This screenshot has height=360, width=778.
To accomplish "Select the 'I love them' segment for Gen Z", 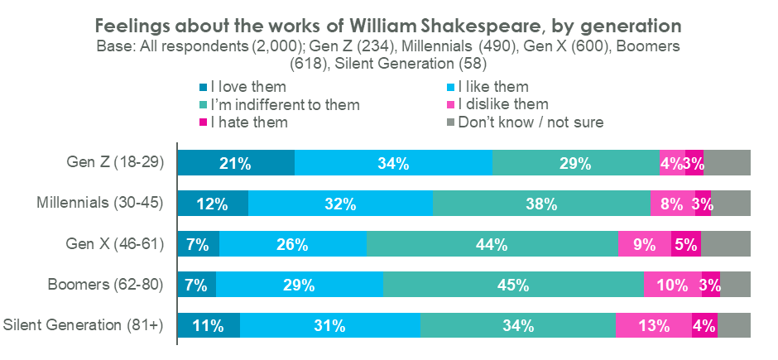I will [236, 163].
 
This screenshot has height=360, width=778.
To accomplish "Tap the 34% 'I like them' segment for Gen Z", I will [393, 163].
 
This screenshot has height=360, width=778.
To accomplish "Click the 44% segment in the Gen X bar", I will [492, 244].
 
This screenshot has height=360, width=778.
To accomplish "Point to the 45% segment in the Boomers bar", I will [513, 285].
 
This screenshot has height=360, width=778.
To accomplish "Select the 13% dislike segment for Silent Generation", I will [653, 325].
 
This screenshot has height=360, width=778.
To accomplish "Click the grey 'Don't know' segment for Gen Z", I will [727, 163].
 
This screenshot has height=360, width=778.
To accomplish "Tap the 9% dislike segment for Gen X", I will [644, 244].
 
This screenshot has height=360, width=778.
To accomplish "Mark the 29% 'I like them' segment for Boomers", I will [299, 285].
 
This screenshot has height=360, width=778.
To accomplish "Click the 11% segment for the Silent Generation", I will [208, 325].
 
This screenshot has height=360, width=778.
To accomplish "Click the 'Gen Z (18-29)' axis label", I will [115, 163].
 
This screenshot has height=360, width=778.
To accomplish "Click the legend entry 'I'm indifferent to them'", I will [286, 104].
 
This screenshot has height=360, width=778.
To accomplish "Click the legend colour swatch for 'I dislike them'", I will [451, 105].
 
